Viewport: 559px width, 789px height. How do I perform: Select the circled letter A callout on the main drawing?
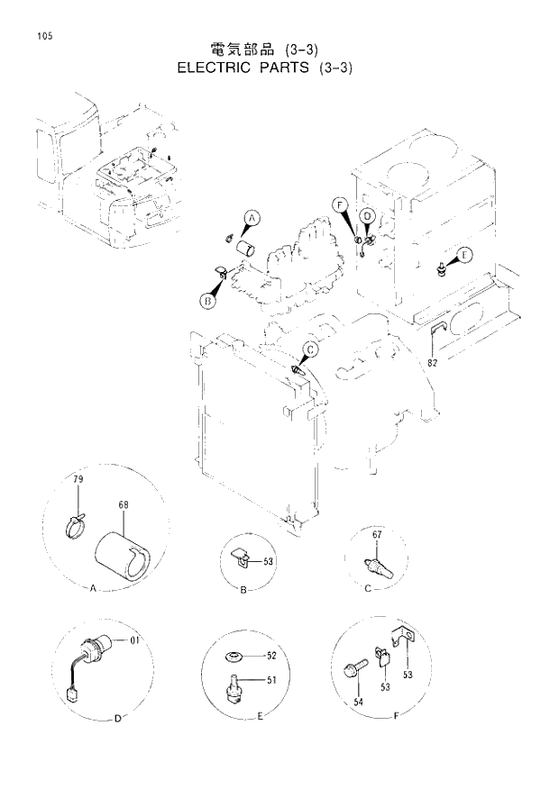click(x=252, y=218)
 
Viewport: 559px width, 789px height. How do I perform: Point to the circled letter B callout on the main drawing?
click(x=206, y=302)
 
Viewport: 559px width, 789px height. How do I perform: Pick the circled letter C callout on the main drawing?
click(x=309, y=349)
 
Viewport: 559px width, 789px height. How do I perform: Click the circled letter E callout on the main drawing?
click(x=464, y=255)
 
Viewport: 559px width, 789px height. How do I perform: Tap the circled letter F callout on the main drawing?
click(x=339, y=205)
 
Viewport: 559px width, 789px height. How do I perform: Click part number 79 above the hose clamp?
click(x=78, y=480)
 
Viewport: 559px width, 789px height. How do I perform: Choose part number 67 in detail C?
click(x=377, y=536)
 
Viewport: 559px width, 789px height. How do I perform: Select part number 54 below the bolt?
click(x=358, y=702)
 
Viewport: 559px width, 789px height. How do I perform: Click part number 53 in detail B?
click(x=268, y=561)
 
